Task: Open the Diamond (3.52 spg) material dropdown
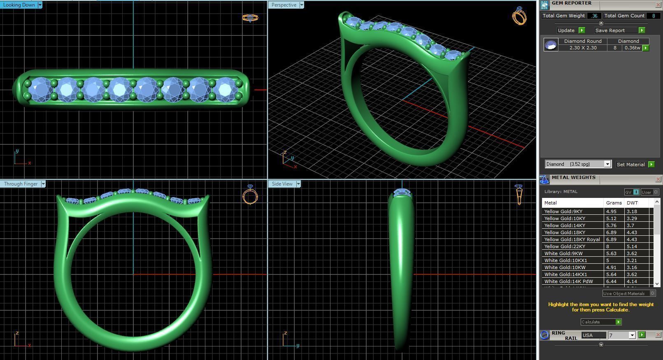(x=607, y=164)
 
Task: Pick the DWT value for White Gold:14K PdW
(x=631, y=281)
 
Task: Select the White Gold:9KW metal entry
(x=563, y=253)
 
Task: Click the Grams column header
(x=614, y=203)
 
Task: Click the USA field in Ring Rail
(x=593, y=335)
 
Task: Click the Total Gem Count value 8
(x=653, y=16)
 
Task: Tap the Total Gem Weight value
(x=594, y=16)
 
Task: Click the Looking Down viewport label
(x=19, y=5)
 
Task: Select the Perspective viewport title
(x=284, y=5)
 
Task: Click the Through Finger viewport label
(x=21, y=184)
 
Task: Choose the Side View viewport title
(x=282, y=184)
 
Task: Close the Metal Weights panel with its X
(x=658, y=179)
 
